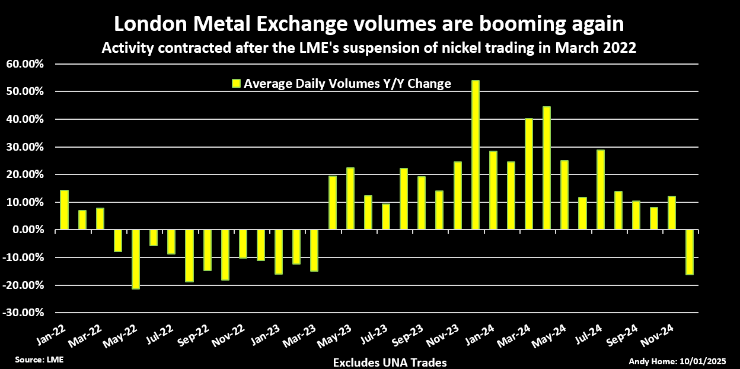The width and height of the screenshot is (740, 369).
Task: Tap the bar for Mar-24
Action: (x=528, y=174)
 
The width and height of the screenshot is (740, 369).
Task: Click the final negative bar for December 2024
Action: (x=689, y=252)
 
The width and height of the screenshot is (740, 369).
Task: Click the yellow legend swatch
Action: (x=236, y=84)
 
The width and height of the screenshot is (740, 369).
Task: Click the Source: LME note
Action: (x=39, y=360)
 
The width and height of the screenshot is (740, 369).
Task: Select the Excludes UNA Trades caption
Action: (x=390, y=362)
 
